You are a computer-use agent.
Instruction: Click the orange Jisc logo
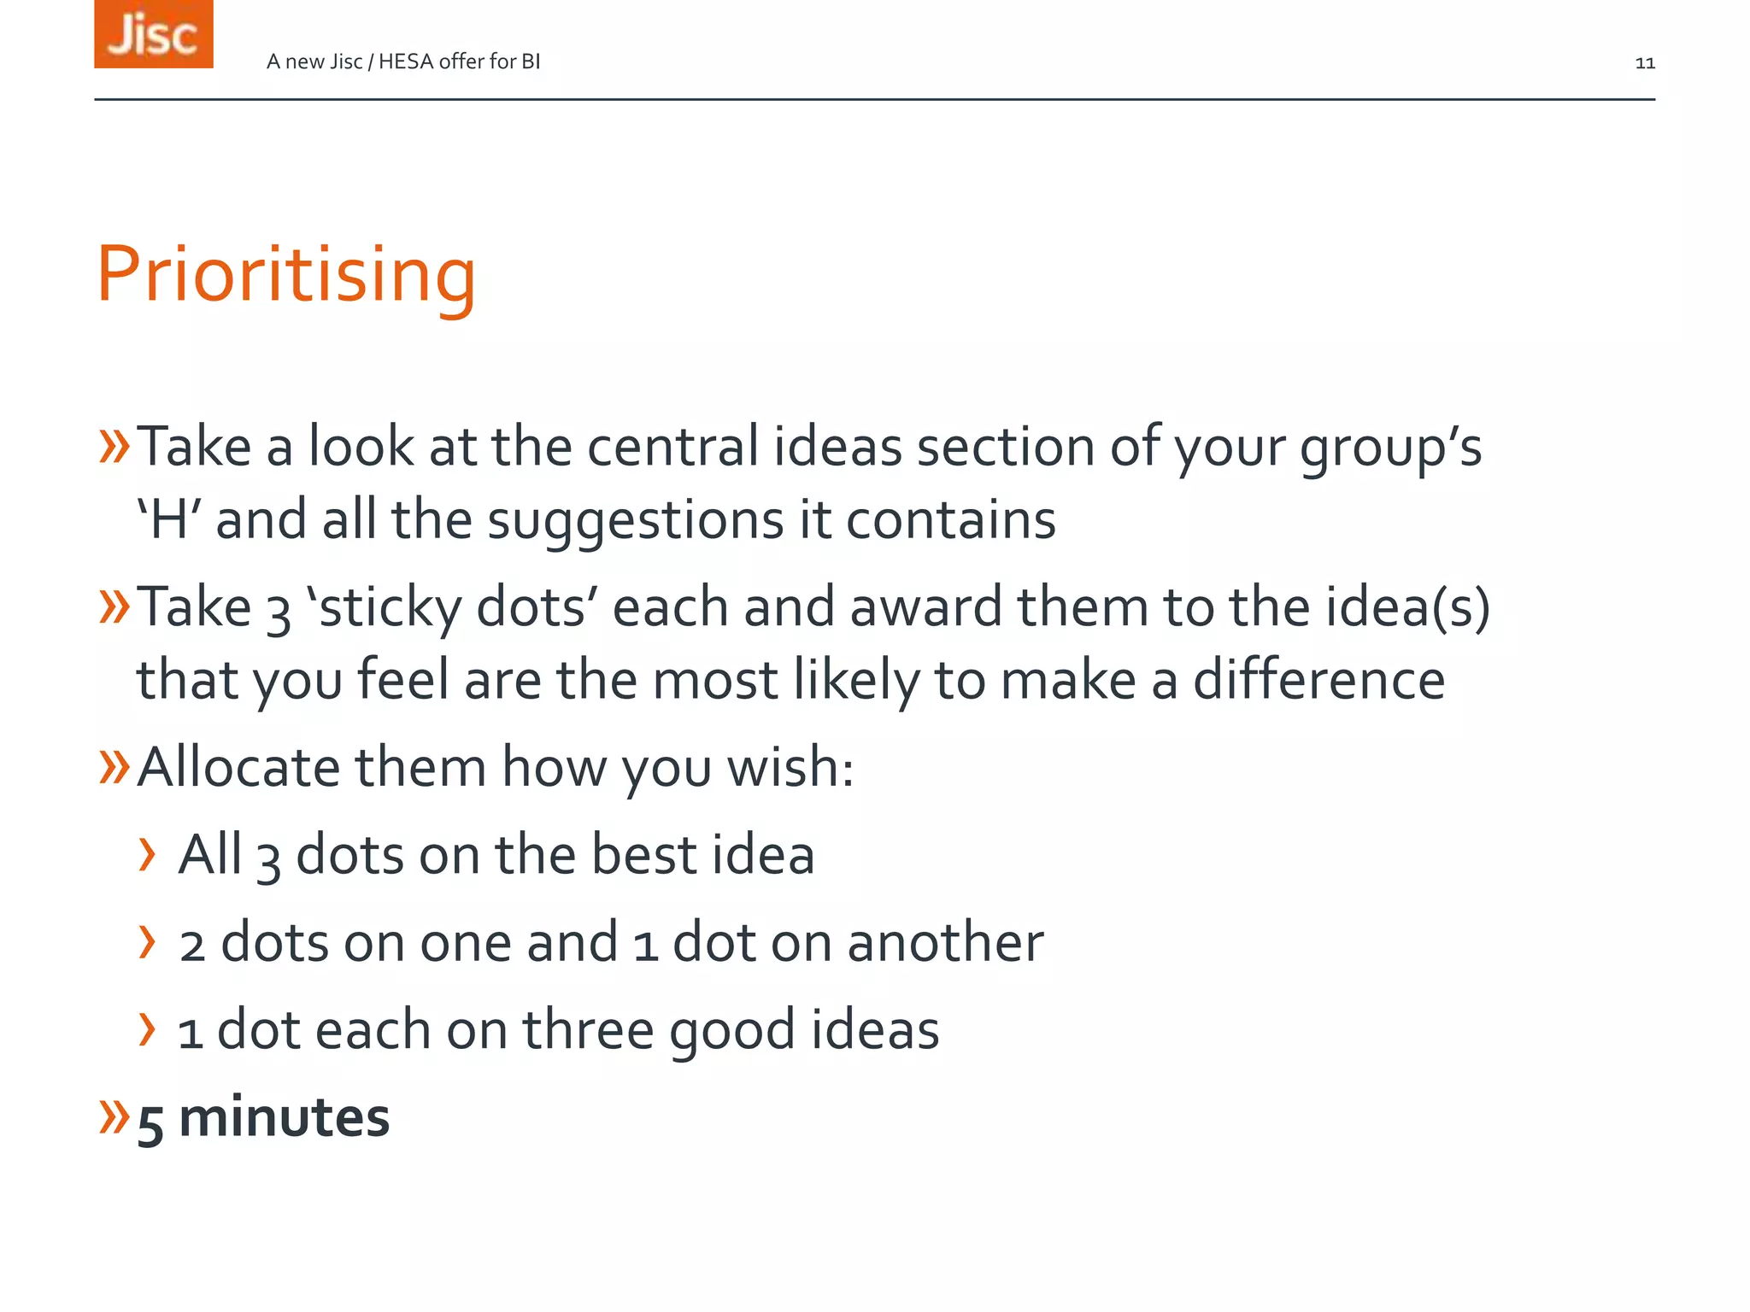[x=154, y=34]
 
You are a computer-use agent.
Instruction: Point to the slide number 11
[x=1645, y=63]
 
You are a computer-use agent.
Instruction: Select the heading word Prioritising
[x=286, y=274]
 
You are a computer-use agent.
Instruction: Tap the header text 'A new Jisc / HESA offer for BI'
[x=403, y=61]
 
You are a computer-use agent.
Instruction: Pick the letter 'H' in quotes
[x=168, y=520]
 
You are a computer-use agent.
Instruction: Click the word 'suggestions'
[x=635, y=520]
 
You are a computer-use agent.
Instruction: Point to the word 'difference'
[x=1318, y=680]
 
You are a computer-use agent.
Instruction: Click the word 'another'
[x=945, y=942]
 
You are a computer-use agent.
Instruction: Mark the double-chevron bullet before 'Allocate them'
[x=114, y=765]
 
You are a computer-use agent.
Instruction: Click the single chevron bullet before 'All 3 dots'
[x=148, y=854]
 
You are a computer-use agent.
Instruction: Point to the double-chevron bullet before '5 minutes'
[x=114, y=1116]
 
